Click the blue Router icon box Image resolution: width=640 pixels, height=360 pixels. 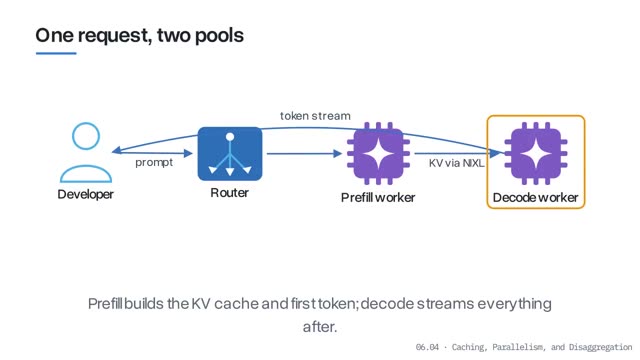230,153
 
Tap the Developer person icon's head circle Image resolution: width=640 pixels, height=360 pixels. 86,136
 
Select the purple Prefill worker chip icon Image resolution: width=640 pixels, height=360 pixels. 378,153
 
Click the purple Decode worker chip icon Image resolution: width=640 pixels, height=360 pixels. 536,153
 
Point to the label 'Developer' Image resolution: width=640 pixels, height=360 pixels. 86,194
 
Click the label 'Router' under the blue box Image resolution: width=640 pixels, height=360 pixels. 229,193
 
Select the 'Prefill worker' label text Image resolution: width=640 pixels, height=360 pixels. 378,198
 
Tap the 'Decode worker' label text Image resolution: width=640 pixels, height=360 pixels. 536,198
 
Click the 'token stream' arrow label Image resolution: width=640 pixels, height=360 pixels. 315,116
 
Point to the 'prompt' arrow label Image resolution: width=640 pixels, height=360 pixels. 154,162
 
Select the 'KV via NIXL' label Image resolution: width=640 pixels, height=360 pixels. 456,163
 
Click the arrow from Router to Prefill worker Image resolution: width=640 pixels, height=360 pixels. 304,153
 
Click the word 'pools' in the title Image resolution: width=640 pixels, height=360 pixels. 219,36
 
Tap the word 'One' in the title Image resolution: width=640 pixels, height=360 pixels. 54,36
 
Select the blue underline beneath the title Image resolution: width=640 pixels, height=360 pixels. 56,53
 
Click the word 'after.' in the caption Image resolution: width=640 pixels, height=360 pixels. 320,327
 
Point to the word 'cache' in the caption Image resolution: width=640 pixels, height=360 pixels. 236,304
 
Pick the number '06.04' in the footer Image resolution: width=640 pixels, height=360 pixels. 427,347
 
